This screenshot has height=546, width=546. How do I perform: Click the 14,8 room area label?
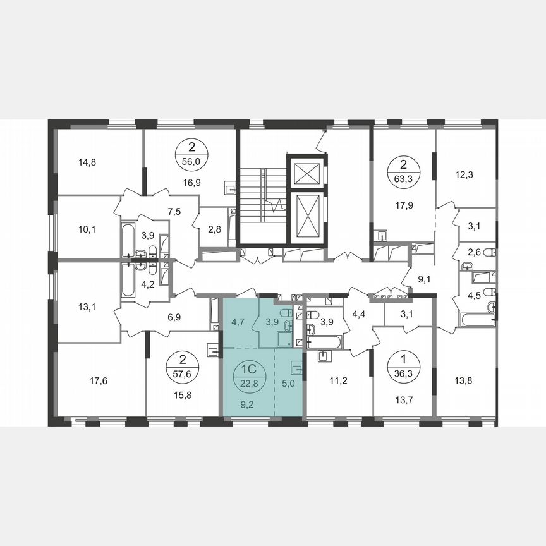(87, 162)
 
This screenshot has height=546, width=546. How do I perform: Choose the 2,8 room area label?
(214, 227)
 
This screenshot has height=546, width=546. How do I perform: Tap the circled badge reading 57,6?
(183, 365)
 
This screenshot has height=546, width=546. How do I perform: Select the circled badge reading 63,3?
(402, 171)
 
